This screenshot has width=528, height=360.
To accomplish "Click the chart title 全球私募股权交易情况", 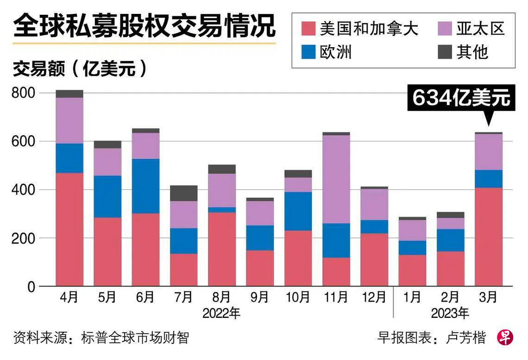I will [x=144, y=26].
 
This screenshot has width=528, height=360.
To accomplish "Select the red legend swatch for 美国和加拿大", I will [x=308, y=29].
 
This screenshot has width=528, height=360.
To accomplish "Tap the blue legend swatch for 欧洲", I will [x=308, y=52].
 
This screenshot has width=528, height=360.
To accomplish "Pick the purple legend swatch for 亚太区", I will [x=445, y=29].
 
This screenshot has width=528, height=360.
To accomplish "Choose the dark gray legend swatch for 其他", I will [x=445, y=52].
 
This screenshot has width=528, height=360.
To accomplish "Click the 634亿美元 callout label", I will [x=461, y=98].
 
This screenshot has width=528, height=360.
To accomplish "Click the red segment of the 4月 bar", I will [x=69, y=230].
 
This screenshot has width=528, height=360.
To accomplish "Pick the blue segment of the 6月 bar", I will [x=145, y=186].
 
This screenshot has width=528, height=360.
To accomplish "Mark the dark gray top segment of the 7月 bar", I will [x=184, y=193].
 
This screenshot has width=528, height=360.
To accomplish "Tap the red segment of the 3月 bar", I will [x=489, y=237].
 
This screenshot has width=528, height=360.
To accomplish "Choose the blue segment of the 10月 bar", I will [x=298, y=211].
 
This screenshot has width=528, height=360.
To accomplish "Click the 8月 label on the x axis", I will [x=222, y=297].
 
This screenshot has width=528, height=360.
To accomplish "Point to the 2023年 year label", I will [x=450, y=313].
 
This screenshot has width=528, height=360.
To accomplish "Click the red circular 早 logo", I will [x=505, y=337].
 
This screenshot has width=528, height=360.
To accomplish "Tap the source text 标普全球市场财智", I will [x=135, y=337].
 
